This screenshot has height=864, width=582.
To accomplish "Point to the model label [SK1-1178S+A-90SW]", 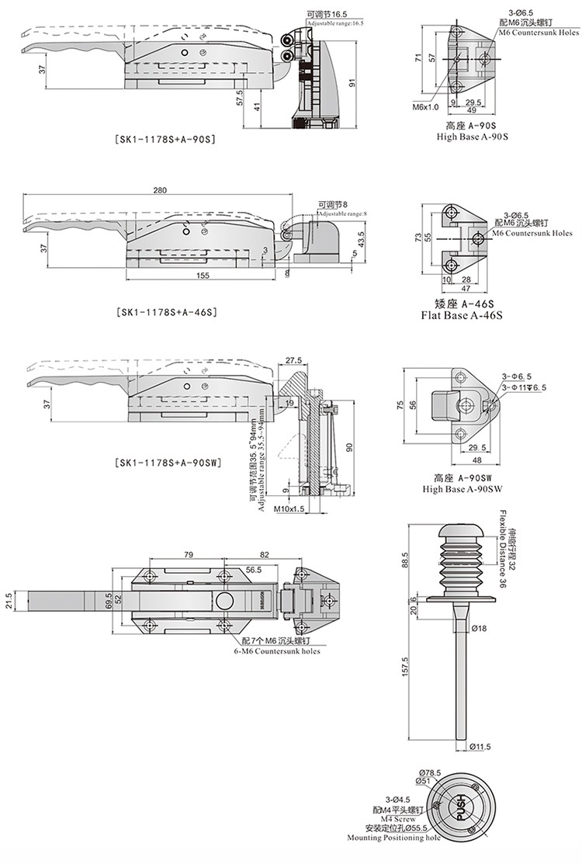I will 167,463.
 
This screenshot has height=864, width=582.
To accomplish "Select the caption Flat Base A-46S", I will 462,316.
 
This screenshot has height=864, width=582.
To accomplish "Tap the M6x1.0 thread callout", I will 425,106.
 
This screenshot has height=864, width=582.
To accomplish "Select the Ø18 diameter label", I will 479,627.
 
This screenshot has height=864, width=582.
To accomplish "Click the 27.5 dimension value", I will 293,360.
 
